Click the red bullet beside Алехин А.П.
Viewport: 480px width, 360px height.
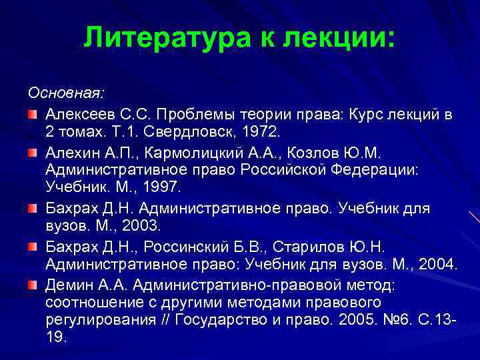coord(33,153)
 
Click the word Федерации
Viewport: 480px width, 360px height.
coord(375,170)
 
